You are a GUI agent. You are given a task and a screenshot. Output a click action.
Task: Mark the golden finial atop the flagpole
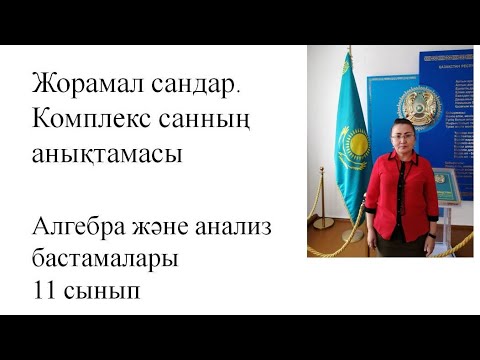pos(351,52)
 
